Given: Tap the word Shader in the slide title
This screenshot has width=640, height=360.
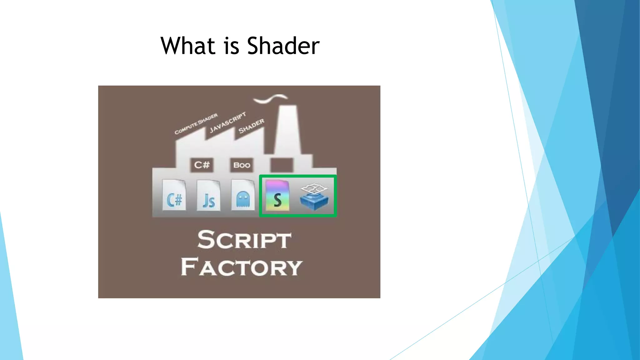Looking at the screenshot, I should [x=283, y=46].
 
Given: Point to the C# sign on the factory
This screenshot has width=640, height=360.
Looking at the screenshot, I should [x=202, y=165].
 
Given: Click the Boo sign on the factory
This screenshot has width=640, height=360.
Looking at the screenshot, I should [x=242, y=165].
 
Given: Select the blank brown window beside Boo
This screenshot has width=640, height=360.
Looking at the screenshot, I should [x=282, y=165].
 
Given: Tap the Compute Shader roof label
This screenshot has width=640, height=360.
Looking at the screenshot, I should [x=196, y=124].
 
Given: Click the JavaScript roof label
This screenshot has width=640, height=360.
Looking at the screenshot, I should [x=228, y=122].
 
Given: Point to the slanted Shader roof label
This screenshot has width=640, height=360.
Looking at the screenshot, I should [x=251, y=126].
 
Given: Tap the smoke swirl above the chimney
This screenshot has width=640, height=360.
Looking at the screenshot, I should [x=270, y=98].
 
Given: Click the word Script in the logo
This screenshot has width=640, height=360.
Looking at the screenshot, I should [x=244, y=240].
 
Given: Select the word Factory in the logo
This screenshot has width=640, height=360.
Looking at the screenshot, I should [x=241, y=267].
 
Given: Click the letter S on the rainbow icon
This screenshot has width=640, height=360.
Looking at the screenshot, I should [x=277, y=200].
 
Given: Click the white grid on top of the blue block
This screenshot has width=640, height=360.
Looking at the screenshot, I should [x=314, y=189].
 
